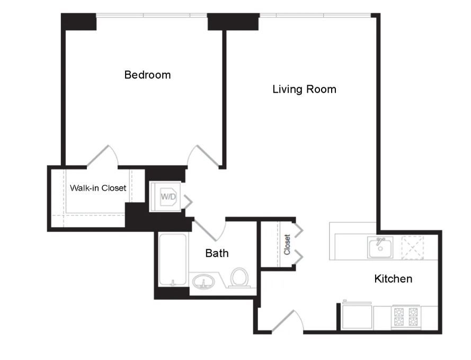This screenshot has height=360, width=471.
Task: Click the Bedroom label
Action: [x=147, y=75]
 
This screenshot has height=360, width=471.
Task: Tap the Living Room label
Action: [x=304, y=89]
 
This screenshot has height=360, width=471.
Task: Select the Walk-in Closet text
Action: [x=98, y=188]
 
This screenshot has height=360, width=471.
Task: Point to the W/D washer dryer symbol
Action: [x=168, y=197]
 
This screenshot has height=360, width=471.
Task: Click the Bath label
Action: [x=217, y=253]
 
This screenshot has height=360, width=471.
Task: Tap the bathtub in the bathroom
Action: [x=172, y=259]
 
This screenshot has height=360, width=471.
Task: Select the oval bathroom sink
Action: [x=203, y=282]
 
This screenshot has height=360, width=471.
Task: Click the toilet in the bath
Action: [x=239, y=277]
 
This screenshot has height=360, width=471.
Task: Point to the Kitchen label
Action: [x=393, y=278]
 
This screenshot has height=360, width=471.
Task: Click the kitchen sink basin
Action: [x=380, y=247]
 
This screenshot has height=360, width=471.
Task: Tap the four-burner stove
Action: [x=406, y=317]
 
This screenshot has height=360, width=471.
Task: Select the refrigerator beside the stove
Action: [x=357, y=316]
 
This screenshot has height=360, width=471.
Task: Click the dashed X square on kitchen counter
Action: [x=412, y=247]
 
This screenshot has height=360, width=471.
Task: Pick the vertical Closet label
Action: [x=287, y=245]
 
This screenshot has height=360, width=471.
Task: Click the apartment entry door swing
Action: [x=288, y=321]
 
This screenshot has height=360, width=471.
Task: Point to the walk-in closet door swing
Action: [x=103, y=156]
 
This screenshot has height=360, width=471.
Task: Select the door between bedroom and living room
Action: [x=203, y=156]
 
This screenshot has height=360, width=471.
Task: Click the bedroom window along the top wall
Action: [x=152, y=15]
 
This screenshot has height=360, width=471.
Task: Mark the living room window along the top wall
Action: [x=315, y=15]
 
